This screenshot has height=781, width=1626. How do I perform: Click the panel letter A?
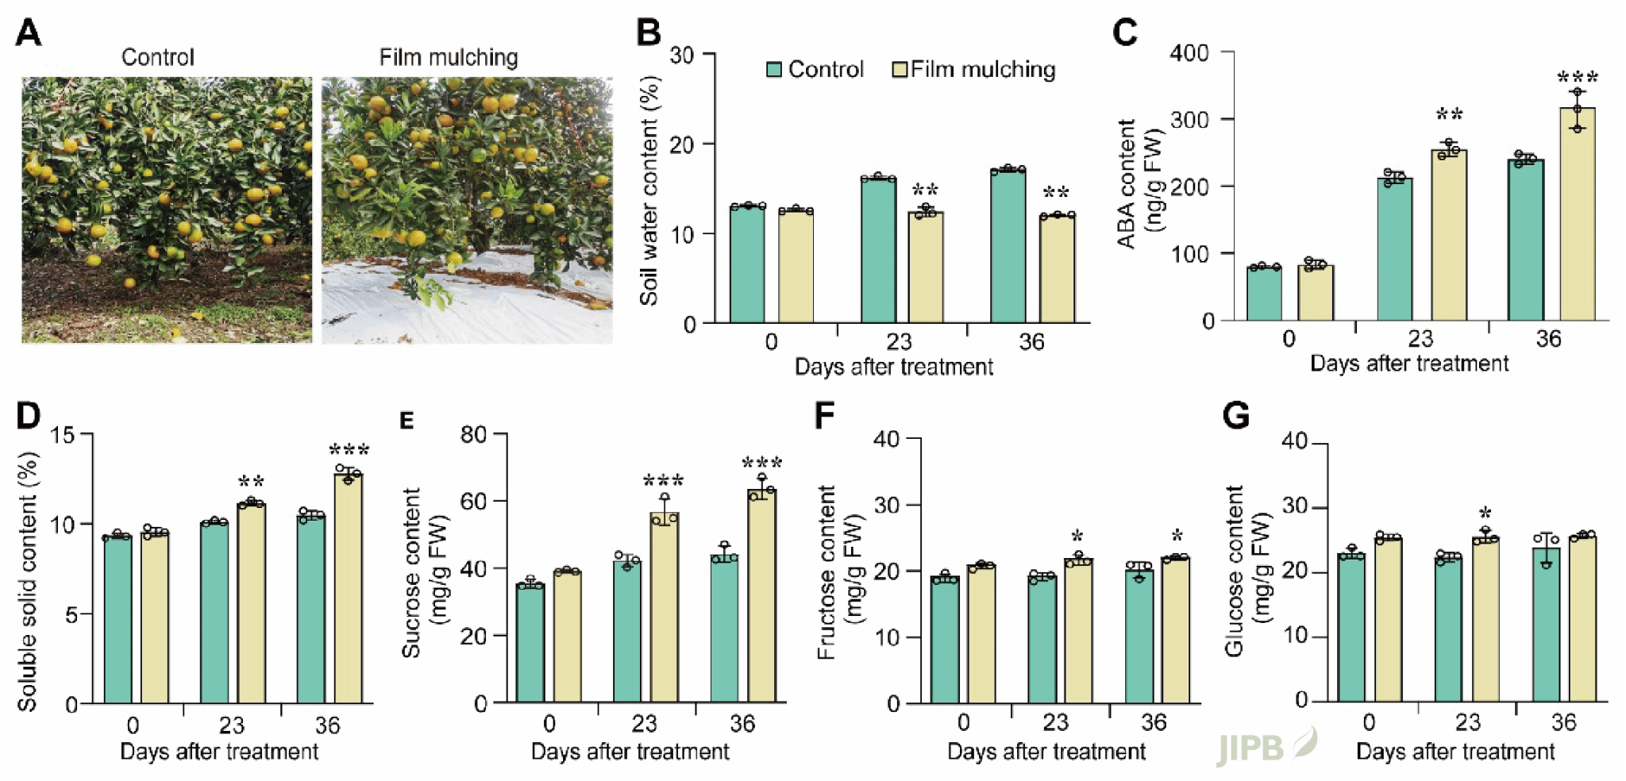(29, 33)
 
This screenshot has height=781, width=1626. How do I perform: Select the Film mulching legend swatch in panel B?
(900, 70)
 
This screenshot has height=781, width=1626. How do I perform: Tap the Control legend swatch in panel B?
(774, 70)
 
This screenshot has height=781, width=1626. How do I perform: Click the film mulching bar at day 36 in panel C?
(1577, 214)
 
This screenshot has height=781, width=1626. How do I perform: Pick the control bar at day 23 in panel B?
(878, 250)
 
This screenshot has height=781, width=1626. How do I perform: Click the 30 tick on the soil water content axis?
(682, 56)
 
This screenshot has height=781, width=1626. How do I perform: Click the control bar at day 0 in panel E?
(530, 643)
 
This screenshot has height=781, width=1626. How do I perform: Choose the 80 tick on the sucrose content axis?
(474, 434)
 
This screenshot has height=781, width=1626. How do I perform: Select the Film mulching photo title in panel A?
(448, 57)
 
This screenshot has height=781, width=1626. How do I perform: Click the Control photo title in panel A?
(157, 57)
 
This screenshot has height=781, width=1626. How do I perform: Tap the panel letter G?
(1236, 415)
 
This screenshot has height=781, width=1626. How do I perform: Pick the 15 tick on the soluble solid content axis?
(63, 435)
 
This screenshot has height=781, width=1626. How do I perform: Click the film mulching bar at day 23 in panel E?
(664, 608)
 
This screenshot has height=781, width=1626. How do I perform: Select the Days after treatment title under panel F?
(1046, 751)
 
